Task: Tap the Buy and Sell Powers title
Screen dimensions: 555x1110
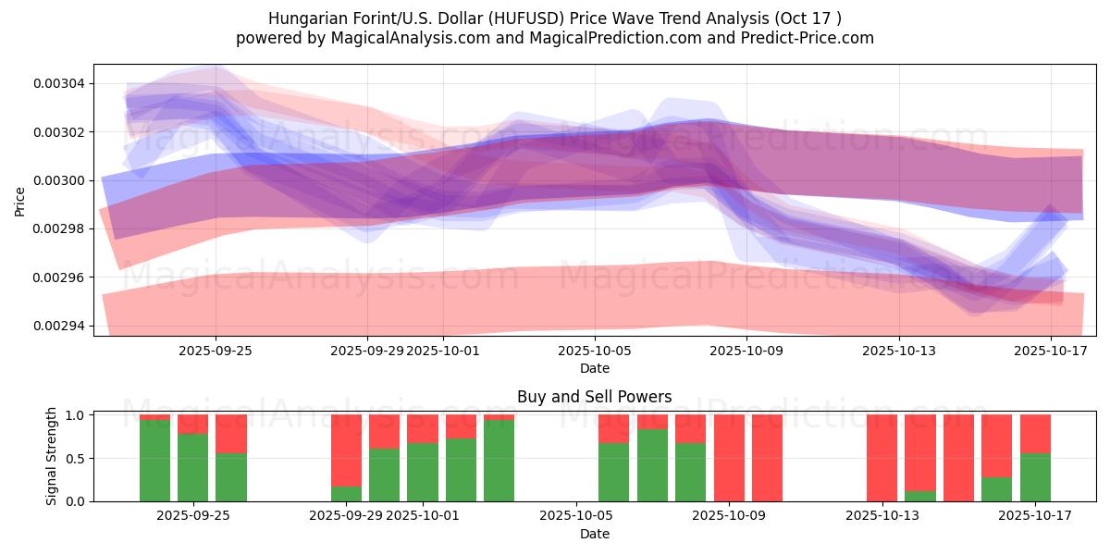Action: pos(594,397)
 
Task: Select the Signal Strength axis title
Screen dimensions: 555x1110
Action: pos(52,456)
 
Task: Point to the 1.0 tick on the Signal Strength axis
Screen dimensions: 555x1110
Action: pos(77,415)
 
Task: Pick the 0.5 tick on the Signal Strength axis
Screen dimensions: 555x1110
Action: pos(77,459)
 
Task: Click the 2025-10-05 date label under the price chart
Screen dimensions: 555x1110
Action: pos(595,351)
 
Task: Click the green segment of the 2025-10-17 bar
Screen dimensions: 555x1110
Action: pos(1035,477)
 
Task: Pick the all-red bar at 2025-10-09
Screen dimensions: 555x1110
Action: pos(729,458)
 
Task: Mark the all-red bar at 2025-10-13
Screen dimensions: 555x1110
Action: pos(882,458)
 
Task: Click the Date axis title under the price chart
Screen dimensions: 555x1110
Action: pos(594,368)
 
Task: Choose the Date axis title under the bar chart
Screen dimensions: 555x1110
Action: pos(594,534)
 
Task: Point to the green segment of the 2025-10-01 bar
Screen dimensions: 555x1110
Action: pos(423,472)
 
